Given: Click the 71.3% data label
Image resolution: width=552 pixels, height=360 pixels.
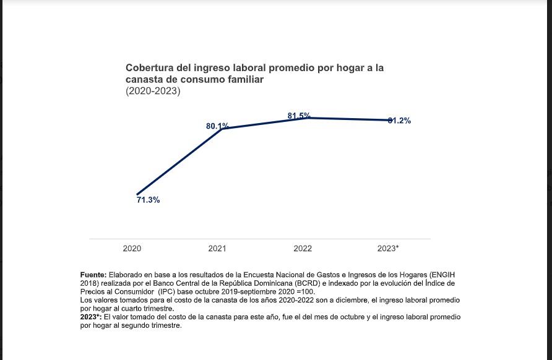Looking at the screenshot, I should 148,200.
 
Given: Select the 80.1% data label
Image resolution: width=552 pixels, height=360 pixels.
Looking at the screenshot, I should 217,126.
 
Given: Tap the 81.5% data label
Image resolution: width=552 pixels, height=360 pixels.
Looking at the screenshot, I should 299,116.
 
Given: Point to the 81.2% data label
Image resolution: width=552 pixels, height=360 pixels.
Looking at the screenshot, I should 399,121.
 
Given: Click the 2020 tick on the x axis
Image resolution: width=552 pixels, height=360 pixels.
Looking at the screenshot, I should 132,248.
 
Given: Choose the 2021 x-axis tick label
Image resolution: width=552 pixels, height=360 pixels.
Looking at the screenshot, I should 217,248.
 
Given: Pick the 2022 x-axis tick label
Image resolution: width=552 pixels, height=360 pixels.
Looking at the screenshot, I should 303,248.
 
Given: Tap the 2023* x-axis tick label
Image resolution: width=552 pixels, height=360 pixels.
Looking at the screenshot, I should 388,248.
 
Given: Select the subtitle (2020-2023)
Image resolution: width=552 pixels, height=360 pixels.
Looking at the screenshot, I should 153,92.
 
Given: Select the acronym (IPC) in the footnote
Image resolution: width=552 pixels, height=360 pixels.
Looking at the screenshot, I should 170,291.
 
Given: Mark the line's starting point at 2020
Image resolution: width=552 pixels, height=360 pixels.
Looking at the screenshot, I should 137,194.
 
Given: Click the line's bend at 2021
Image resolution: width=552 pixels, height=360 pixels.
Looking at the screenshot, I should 222,129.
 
